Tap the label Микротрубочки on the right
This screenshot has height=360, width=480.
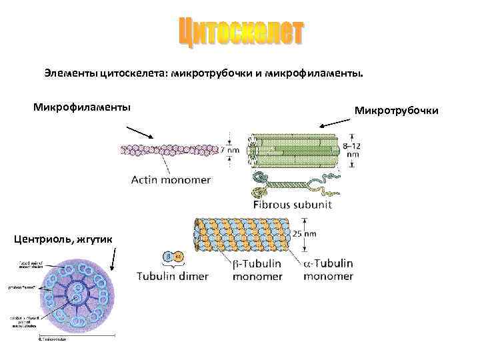coord(396,109)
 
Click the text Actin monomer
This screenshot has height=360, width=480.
coord(171,179)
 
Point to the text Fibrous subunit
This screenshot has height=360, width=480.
coord(293,204)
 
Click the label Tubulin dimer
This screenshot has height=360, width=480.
coord(173,276)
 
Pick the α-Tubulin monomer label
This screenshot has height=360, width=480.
coord(327,269)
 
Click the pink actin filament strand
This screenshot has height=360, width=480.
coord(167,150)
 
